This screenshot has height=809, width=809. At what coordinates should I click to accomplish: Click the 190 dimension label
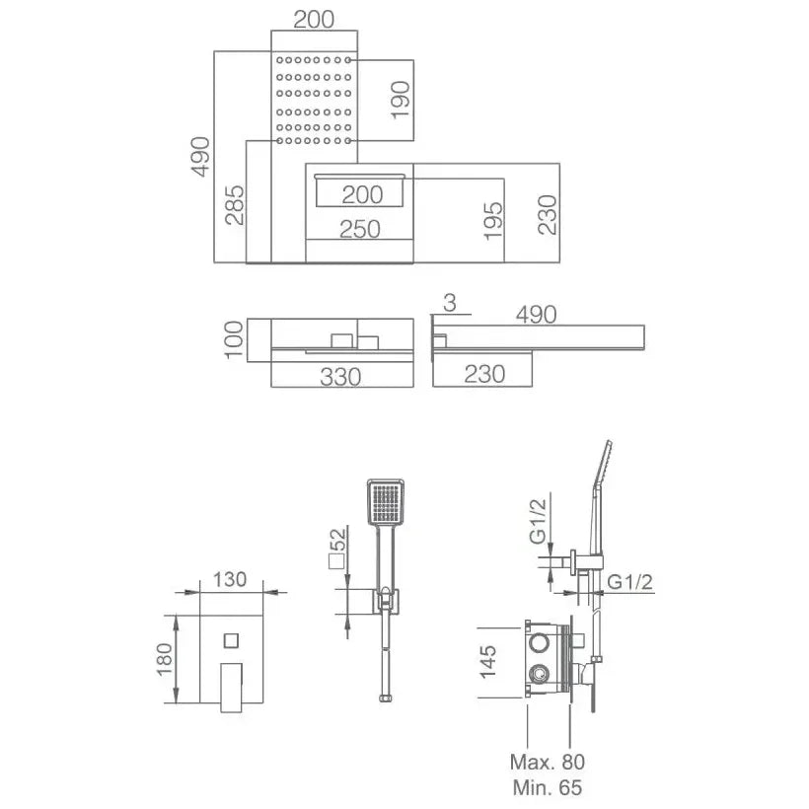[401, 100]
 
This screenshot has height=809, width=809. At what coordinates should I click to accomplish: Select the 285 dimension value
[235, 205]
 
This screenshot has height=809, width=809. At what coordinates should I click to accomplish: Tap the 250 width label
[360, 229]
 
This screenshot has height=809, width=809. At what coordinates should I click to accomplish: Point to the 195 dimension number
[492, 221]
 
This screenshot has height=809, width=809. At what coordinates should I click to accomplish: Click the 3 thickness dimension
[449, 304]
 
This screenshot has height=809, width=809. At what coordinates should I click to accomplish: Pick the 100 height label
[234, 339]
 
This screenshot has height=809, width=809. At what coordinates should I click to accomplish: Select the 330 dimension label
[340, 377]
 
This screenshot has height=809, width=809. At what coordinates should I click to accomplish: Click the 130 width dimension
[230, 579]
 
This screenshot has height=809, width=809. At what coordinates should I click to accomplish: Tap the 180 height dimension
[164, 659]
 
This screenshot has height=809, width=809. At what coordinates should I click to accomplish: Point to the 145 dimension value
[487, 662]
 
